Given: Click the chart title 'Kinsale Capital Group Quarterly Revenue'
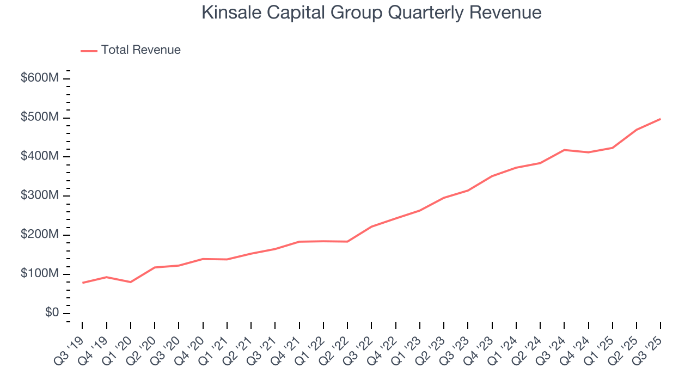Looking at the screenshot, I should tap(371, 13).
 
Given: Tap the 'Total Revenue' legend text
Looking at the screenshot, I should tap(140, 50).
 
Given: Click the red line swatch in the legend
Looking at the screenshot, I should tap(89, 51).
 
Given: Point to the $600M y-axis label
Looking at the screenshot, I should tap(39, 78).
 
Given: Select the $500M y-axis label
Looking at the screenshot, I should tap(39, 118).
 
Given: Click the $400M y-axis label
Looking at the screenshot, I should tap(39, 156).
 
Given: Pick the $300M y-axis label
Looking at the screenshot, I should tap(39, 195).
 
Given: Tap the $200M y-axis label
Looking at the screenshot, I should tap(39, 235).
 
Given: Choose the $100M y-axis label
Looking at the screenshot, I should tap(39, 273).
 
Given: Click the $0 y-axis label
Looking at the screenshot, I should tap(51, 313).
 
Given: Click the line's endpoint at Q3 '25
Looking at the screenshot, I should tap(661, 119).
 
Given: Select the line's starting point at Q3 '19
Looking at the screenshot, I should tap(82, 283).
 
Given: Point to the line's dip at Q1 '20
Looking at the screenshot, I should tap(131, 282).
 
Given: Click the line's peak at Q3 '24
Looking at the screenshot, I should tap(564, 150).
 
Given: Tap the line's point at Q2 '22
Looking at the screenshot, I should tap(347, 241).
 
